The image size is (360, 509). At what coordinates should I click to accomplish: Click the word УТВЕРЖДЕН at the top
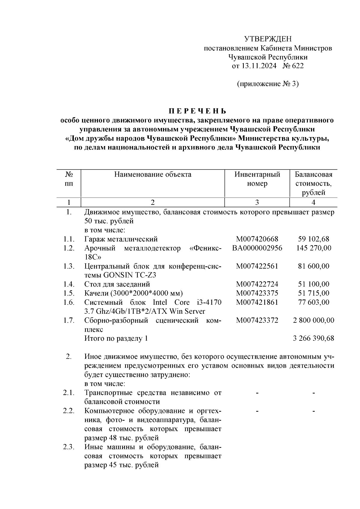coord(268,39)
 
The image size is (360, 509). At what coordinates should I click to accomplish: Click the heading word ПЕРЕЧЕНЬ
coord(197,111)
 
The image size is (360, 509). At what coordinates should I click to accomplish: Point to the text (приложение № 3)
coord(268,84)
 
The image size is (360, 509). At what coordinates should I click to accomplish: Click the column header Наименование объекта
coord(153,175)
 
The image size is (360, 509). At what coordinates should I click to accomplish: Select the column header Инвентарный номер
coord(257,179)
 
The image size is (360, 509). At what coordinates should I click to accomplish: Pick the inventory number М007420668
coord(257,239)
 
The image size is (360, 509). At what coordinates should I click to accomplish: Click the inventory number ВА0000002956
coord(257,248)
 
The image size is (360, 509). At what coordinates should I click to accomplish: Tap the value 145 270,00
coord(313,248)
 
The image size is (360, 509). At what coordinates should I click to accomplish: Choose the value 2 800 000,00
coord(313,320)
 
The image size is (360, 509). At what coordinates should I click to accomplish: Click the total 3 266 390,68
coord(313,338)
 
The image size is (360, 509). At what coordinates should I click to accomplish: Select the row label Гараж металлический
coord(121,239)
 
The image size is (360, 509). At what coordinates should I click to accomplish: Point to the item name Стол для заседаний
coord(117,284)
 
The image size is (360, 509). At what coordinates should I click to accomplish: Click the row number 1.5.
coord(69,293)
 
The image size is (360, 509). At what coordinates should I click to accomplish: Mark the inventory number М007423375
coord(257,293)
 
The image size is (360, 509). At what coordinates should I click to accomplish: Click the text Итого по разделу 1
coord(116,338)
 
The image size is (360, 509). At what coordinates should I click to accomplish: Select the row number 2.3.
coord(69,447)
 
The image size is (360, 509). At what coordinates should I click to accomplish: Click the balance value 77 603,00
coord(313,302)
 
